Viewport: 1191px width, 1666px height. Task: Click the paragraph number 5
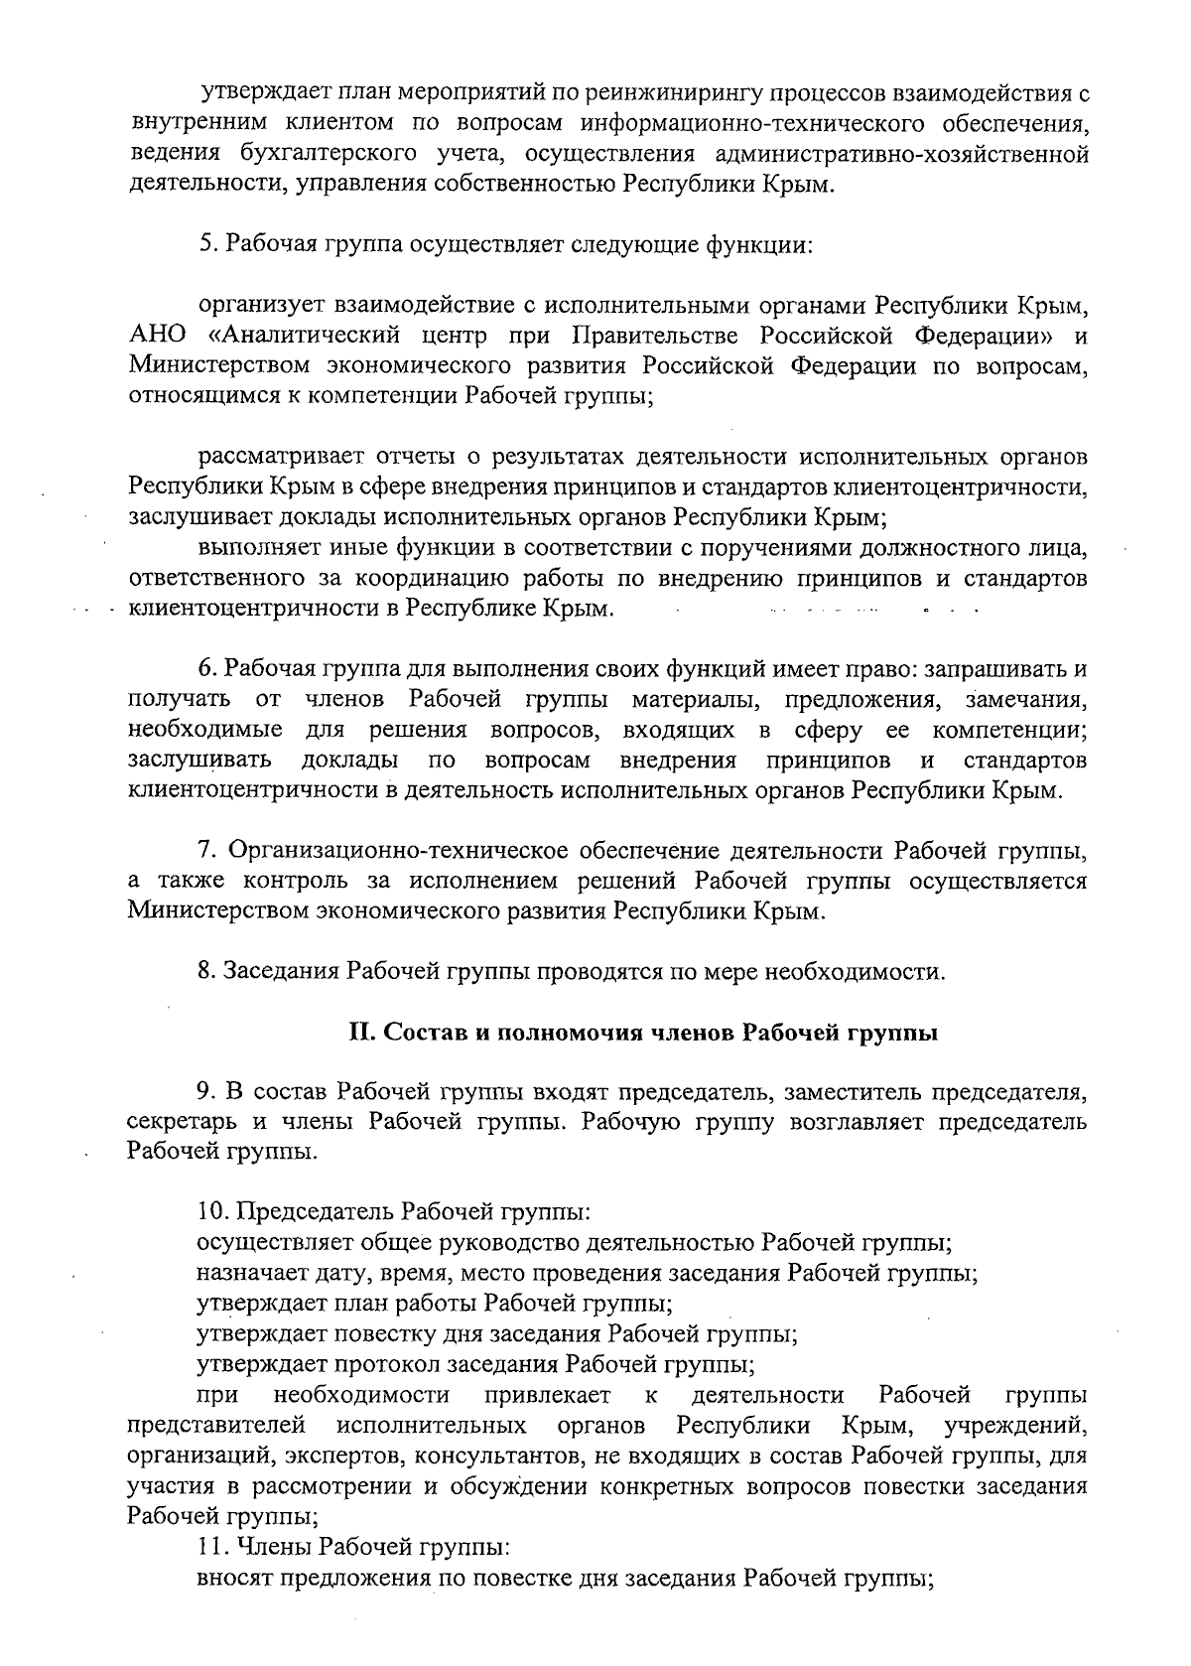tap(206, 243)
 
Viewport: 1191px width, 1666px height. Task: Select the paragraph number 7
tap(206, 851)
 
